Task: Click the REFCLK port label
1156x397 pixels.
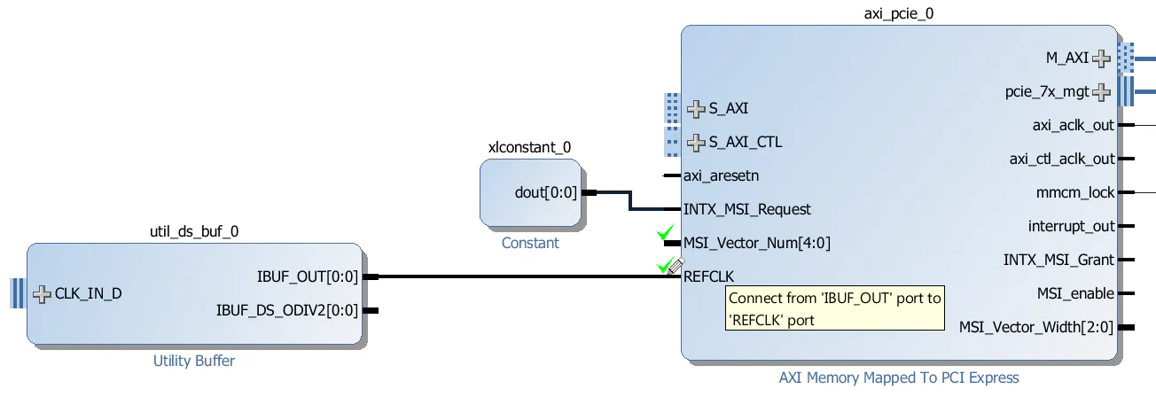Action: click(708, 276)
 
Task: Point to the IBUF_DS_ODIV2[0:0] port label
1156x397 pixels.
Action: click(287, 310)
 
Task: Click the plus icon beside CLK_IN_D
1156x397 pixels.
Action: click(42, 293)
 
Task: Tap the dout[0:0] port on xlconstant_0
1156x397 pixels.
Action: click(545, 192)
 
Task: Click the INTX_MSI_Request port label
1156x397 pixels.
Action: click(746, 209)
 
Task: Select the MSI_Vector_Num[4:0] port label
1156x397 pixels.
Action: click(757, 242)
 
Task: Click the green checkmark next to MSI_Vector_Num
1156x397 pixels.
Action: click(666, 234)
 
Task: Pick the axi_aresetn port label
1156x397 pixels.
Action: click(721, 175)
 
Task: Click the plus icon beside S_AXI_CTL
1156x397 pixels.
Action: click(697, 142)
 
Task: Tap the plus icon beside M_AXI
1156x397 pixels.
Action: click(1101, 58)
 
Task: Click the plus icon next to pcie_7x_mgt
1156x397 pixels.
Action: click(1101, 91)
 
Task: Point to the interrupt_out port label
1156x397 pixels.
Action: click(1071, 226)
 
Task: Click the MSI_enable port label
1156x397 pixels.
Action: click(1075, 293)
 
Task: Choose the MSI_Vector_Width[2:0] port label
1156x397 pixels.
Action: click(1036, 327)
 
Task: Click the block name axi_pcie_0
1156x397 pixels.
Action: click(898, 13)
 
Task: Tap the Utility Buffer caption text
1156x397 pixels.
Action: click(194, 361)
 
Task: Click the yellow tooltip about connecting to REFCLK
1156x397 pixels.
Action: click(834, 309)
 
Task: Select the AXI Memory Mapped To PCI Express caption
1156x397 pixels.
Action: click(899, 378)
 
